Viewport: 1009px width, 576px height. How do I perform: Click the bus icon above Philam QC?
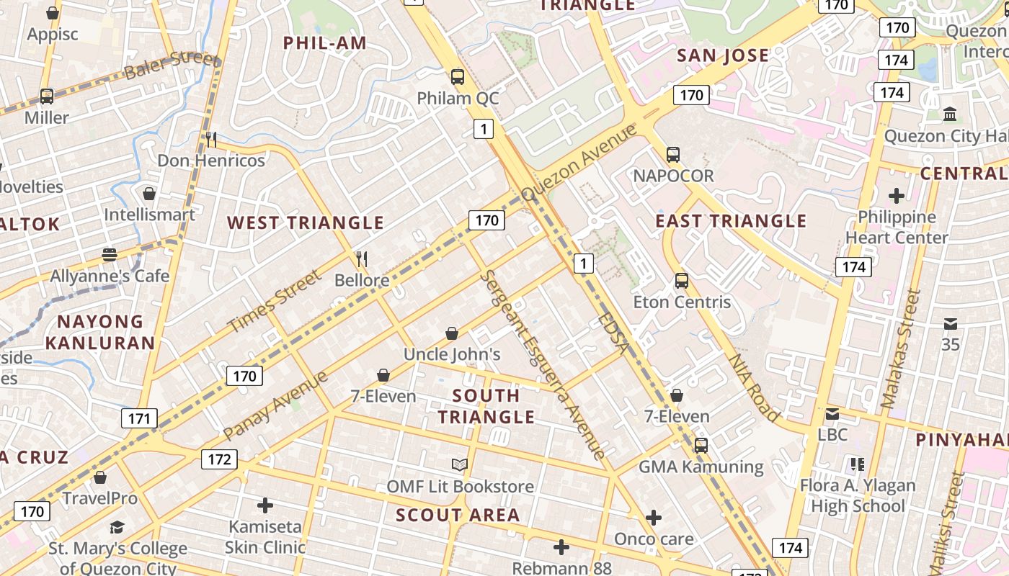point(457,76)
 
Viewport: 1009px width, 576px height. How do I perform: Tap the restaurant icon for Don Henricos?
point(211,139)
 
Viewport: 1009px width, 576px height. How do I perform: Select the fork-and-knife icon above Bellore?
point(362,259)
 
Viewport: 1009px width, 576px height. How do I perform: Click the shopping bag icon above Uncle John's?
point(452,333)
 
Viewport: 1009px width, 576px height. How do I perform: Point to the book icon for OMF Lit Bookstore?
point(460,465)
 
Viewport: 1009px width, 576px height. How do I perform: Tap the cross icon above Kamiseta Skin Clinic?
point(265,505)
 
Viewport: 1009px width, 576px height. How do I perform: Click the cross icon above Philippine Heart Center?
point(897,195)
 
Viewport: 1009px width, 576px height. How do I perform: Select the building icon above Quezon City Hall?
point(950,114)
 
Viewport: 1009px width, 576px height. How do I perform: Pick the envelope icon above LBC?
point(832,414)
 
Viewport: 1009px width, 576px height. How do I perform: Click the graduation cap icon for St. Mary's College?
point(117,528)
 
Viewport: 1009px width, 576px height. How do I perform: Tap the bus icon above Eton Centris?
point(682,281)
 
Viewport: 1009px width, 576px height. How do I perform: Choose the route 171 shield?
point(139,418)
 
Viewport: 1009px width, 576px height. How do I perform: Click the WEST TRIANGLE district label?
point(306,222)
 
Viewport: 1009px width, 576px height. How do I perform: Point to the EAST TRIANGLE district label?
point(731,221)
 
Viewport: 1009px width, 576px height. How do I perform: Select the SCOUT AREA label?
point(458,515)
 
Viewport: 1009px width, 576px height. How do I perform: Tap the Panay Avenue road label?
point(275,405)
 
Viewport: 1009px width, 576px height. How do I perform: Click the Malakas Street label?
point(900,348)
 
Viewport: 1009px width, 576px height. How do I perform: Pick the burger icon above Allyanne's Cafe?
point(110,255)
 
